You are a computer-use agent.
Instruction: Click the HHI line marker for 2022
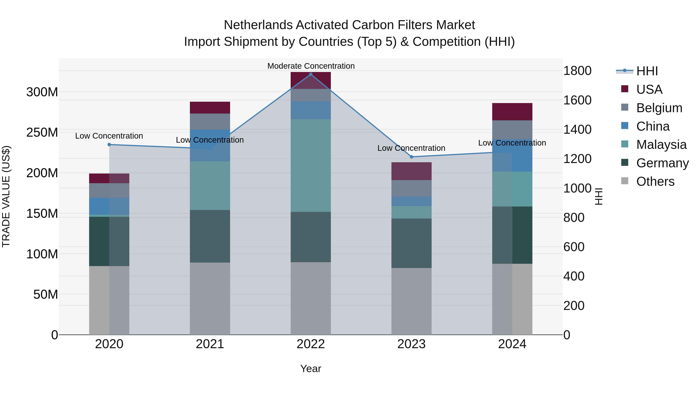point(311,74)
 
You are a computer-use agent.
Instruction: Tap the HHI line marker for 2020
point(109,145)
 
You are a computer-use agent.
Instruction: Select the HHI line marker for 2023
point(411,157)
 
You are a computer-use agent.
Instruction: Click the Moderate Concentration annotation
point(311,66)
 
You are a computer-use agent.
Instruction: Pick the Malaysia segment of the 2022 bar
point(311,165)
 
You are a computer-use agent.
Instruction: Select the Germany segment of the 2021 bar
point(210,236)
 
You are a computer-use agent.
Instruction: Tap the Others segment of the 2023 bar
point(411,301)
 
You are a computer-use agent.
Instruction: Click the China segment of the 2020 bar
point(109,206)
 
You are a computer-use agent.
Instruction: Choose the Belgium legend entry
point(659,108)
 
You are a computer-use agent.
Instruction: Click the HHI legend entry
point(647,71)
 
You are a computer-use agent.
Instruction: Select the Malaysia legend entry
point(661,145)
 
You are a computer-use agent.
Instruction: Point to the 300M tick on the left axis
point(42,92)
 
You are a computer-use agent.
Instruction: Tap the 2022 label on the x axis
point(311,344)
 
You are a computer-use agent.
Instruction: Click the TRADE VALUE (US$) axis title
point(6,196)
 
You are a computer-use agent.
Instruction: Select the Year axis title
point(311,369)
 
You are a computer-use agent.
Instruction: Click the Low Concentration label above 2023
point(411,148)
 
